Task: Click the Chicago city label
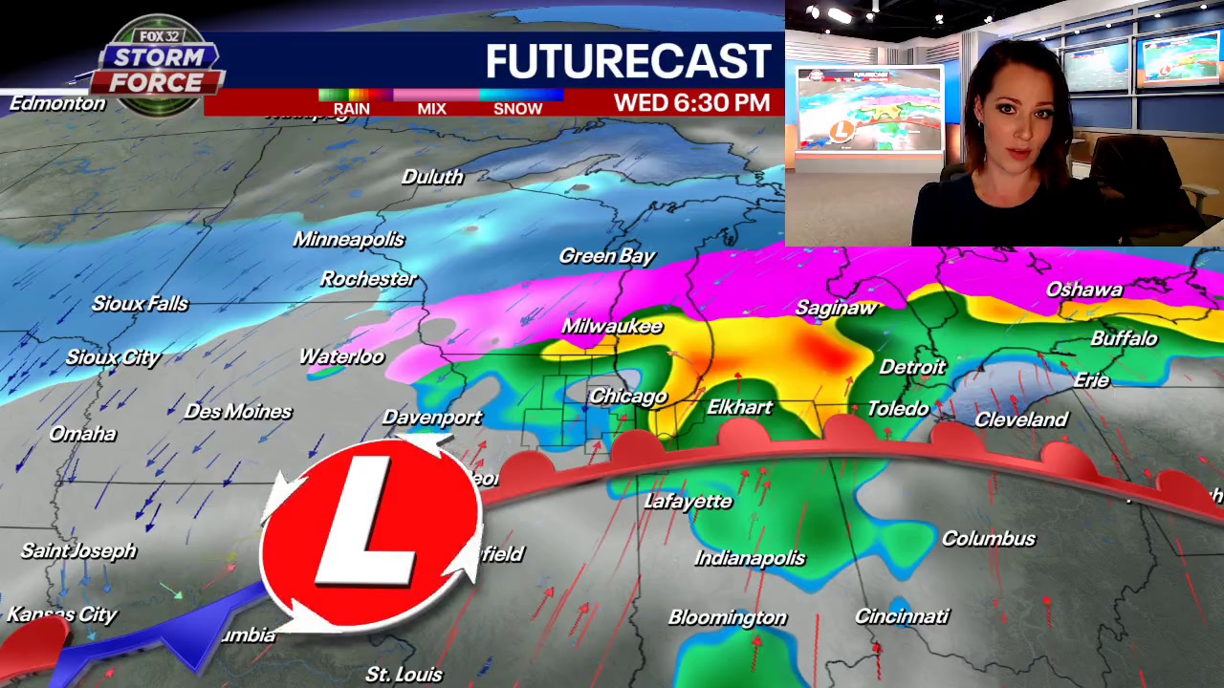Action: click(627, 396)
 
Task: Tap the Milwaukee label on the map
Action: click(612, 326)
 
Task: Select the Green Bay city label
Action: click(607, 255)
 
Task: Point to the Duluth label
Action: click(432, 177)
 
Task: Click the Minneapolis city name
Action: click(348, 239)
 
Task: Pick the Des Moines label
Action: click(238, 411)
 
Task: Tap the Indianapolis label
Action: click(750, 557)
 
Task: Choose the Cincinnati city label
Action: click(902, 616)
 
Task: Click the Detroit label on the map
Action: click(911, 367)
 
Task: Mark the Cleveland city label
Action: click(1020, 419)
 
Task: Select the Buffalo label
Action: click(1124, 338)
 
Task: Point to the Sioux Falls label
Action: click(140, 304)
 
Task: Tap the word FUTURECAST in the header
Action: click(627, 61)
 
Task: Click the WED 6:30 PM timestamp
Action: click(691, 102)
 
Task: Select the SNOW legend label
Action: click(517, 108)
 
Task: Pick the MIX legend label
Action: click(431, 108)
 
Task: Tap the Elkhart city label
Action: click(739, 407)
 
